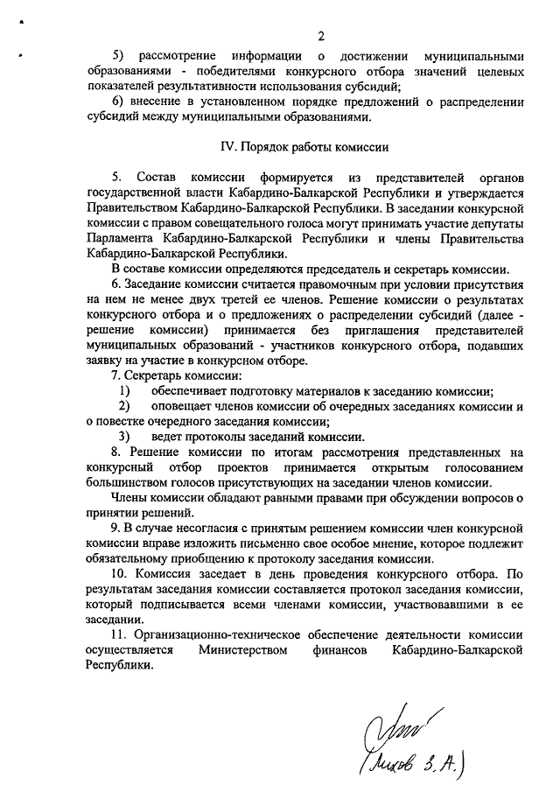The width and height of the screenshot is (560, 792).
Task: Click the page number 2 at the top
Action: (x=321, y=36)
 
